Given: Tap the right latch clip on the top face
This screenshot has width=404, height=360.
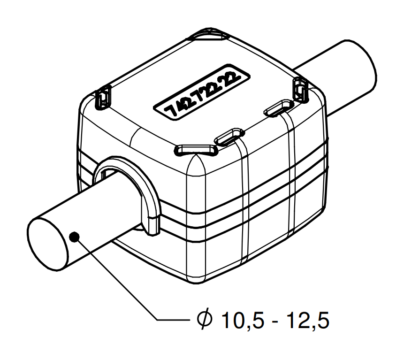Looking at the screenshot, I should click(299, 89).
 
